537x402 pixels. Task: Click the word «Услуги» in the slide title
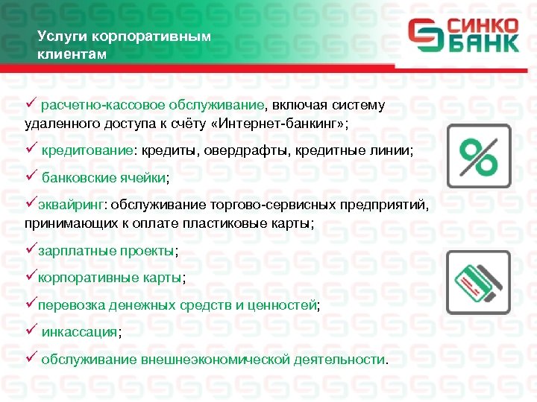click(57, 36)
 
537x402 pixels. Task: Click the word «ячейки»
click(143, 179)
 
